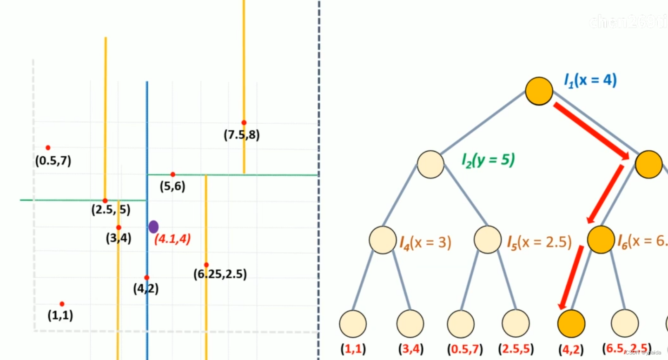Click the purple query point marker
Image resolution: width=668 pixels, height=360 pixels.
coord(153,227)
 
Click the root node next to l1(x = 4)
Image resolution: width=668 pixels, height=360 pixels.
coord(539,91)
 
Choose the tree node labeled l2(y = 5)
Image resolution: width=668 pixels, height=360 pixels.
coord(431,164)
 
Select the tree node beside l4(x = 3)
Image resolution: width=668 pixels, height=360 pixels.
coord(383,240)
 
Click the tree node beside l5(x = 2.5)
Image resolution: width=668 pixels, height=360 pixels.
coord(488,240)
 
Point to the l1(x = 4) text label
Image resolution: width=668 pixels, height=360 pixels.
coord(590,80)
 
